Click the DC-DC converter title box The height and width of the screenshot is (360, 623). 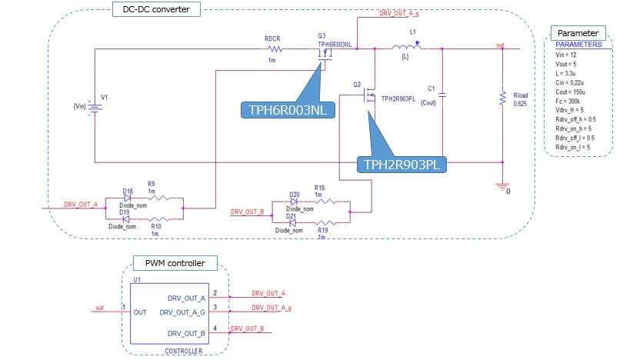tap(156, 9)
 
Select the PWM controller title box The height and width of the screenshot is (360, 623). tap(175, 263)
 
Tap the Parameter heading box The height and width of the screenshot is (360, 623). tap(578, 33)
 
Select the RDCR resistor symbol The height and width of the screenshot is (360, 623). tap(273, 49)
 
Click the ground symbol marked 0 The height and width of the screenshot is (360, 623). tap(502, 185)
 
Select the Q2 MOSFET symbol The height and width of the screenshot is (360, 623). tap(370, 96)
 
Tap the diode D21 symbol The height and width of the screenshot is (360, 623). tap(294, 222)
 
